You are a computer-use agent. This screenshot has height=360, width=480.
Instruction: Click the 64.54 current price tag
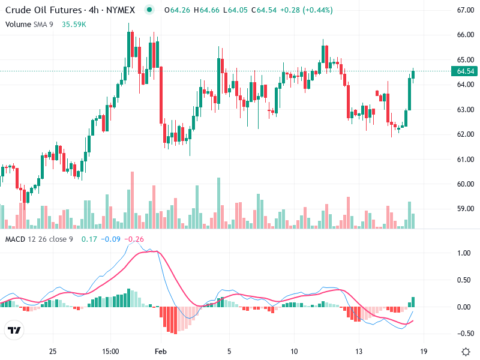[466, 71]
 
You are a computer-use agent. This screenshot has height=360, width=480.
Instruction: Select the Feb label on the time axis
[160, 351]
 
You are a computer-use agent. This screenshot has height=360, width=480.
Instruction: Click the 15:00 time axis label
[111, 351]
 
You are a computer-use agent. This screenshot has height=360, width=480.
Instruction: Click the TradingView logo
[14, 330]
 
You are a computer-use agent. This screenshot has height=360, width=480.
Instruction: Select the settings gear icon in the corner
[466, 351]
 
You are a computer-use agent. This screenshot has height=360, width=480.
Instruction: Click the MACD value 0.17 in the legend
[89, 239]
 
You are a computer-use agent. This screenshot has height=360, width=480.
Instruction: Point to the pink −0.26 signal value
[135, 239]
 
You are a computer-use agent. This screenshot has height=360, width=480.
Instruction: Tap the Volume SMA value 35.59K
[74, 25]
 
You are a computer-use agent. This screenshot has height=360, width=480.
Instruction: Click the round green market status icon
[150, 10]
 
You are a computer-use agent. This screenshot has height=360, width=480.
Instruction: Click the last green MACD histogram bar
[413, 302]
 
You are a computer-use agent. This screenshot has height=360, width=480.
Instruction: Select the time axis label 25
[53, 351]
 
